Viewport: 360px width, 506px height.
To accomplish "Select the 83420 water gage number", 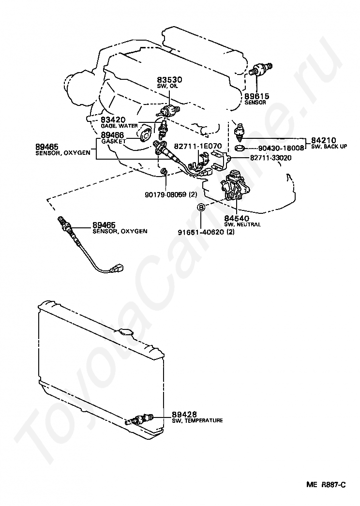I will click(113, 119).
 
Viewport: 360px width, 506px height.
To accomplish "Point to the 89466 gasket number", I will click(113, 135).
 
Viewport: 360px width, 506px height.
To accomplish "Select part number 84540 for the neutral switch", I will click(236, 219).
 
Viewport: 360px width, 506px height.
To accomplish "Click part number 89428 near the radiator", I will click(184, 415).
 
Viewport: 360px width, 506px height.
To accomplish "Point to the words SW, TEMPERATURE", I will click(197, 421).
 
